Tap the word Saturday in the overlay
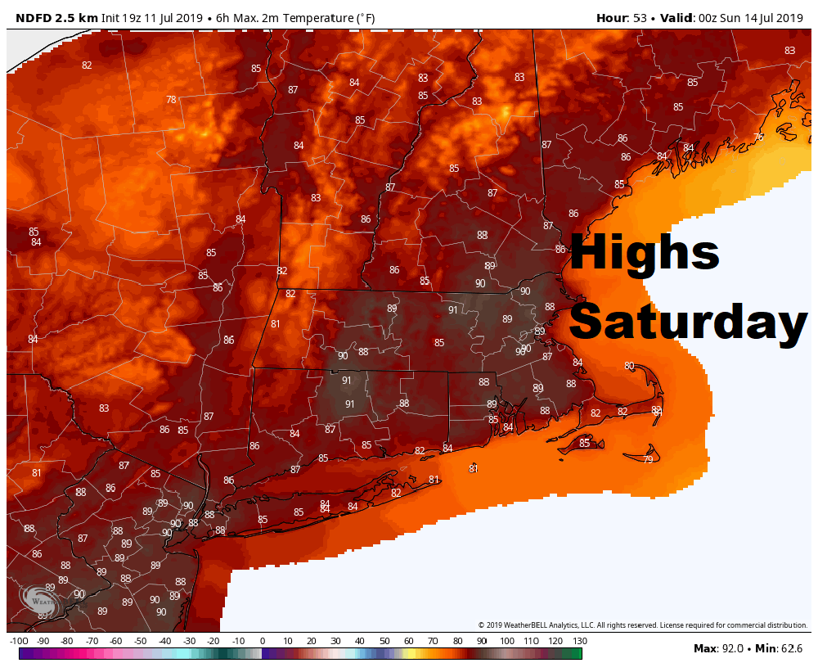pos(688,323)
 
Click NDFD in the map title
pos(35,16)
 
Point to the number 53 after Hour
pos(640,16)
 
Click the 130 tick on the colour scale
pos(580,640)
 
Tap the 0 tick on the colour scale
pos(262,640)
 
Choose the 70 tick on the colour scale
pos(433,640)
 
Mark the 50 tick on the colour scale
pos(384,640)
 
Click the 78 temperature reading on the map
pos(171,100)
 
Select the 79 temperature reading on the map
pos(648,460)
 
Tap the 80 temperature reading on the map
pos(629,366)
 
